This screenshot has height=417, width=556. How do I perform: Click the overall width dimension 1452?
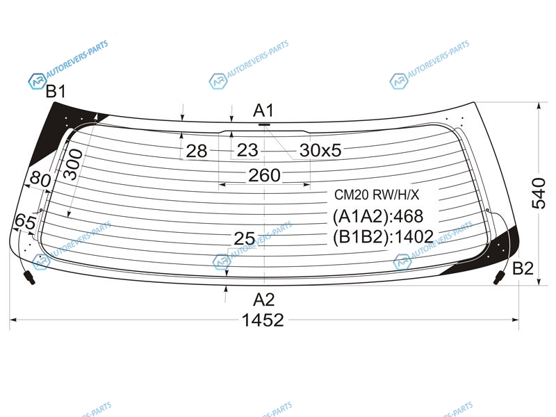263,320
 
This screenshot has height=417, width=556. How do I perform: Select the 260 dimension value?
264,175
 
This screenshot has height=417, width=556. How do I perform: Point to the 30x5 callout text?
320,150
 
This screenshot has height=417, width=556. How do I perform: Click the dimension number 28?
197,151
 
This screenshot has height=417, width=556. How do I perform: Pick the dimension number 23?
247,150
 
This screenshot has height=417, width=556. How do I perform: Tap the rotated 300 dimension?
73,164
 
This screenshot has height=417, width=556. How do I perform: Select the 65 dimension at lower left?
25,222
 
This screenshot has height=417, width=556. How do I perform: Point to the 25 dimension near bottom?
244,238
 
